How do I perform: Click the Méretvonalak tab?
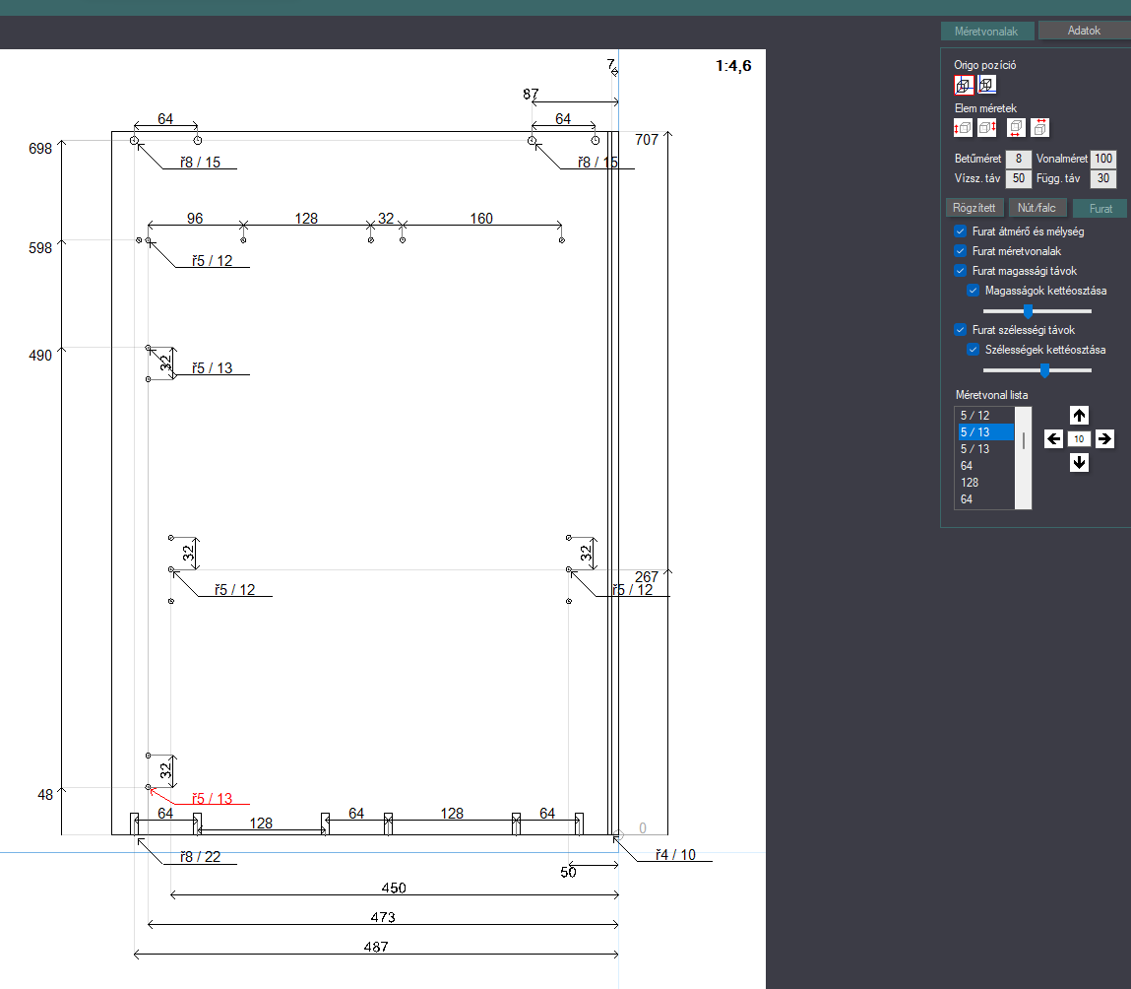pyautogui.click(x=986, y=32)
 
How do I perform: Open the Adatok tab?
pyautogui.click(x=1084, y=31)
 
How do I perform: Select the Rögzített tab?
pyautogui.click(x=974, y=208)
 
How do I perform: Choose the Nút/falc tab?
pyautogui.click(x=1037, y=208)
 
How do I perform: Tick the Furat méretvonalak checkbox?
pyautogui.click(x=960, y=251)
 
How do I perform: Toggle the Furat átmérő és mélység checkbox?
pyautogui.click(x=960, y=231)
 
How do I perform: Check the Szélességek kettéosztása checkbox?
pyautogui.click(x=974, y=350)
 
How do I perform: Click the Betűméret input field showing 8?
pyautogui.click(x=1019, y=159)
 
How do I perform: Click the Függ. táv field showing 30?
pyautogui.click(x=1102, y=178)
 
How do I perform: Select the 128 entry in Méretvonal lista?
pyautogui.click(x=970, y=483)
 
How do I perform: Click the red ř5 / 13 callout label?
pyautogui.click(x=212, y=799)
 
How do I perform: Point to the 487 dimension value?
pyautogui.click(x=376, y=947)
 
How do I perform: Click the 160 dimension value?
pyautogui.click(x=481, y=218)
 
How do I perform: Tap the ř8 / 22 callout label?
pyautogui.click(x=201, y=856)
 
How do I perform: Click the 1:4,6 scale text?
pyautogui.click(x=733, y=66)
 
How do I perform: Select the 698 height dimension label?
pyautogui.click(x=40, y=149)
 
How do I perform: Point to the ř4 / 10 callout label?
pyautogui.click(x=676, y=855)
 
